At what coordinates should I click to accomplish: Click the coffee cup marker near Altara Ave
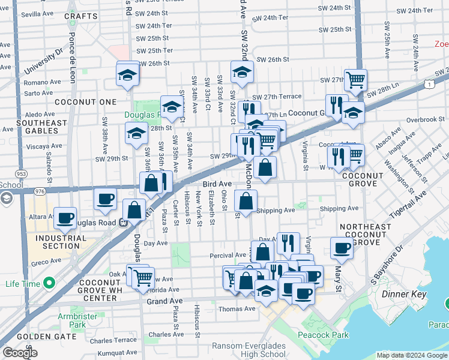65,218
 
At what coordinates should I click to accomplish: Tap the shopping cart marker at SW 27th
355,79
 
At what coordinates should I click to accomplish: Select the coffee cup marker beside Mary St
342,247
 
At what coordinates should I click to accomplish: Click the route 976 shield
40,191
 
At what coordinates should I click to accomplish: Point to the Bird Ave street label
217,184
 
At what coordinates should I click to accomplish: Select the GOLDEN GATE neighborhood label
41,337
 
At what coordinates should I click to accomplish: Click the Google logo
20,353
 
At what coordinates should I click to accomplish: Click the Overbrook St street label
424,119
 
